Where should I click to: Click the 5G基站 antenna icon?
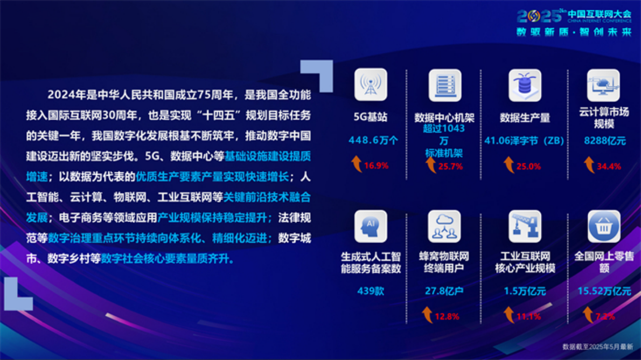click(x=371, y=85)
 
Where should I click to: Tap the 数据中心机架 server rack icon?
click(x=444, y=85)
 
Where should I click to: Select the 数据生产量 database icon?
click(x=525, y=85)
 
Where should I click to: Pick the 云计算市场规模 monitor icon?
click(x=603, y=85)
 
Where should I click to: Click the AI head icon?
click(x=371, y=226)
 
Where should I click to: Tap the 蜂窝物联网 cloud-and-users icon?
click(x=444, y=226)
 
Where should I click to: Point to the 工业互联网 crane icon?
click(x=525, y=226)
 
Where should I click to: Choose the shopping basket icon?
click(x=603, y=226)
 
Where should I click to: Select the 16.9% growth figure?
click(x=376, y=165)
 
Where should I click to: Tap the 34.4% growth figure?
click(x=609, y=166)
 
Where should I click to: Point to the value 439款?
click(x=371, y=292)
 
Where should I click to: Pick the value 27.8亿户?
click(x=444, y=292)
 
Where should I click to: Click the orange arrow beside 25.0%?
click(x=508, y=165)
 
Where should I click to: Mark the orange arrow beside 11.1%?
click(x=508, y=315)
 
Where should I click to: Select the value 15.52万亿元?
click(x=604, y=292)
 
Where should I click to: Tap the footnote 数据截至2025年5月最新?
click(x=597, y=347)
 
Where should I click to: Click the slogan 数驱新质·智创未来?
click(x=574, y=32)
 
